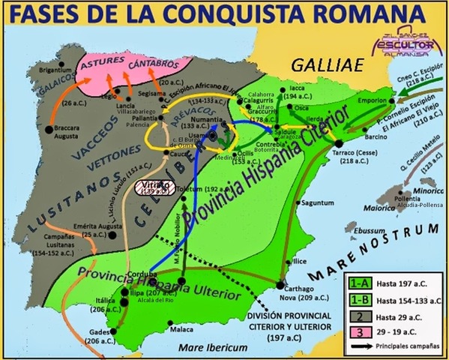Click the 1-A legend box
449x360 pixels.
click(357, 283)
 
